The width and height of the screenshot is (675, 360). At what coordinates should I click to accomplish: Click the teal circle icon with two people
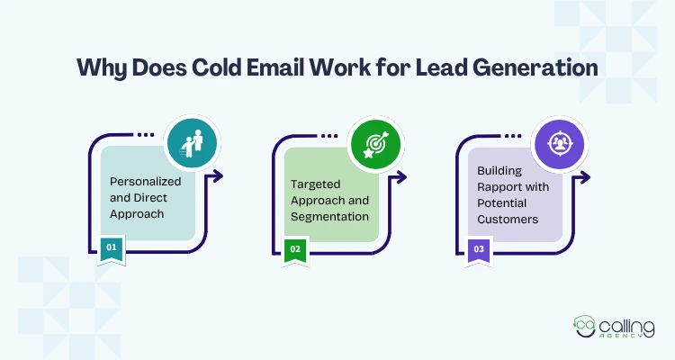192,143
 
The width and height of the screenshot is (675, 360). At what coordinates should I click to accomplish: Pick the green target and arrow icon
376,144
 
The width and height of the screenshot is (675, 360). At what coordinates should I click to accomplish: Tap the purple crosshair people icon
559,144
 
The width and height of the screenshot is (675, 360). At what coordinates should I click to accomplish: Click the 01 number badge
112,249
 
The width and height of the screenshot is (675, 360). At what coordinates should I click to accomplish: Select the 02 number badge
295,250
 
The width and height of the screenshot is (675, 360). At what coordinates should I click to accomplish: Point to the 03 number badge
479,250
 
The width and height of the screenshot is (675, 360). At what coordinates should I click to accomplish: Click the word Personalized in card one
145,182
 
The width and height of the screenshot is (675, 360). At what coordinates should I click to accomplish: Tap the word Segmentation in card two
329,217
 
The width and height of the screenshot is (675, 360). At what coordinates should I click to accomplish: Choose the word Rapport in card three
496,187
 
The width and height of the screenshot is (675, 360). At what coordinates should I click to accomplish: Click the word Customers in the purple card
508,220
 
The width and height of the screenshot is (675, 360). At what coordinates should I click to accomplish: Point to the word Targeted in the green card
315,184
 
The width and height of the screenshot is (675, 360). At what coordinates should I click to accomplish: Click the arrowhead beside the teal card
218,175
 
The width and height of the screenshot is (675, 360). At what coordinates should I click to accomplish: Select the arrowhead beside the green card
401,177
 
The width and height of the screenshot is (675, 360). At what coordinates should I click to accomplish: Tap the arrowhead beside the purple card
585,177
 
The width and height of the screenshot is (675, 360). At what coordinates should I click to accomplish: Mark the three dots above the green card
329,136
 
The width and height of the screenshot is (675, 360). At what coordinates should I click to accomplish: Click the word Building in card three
499,171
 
